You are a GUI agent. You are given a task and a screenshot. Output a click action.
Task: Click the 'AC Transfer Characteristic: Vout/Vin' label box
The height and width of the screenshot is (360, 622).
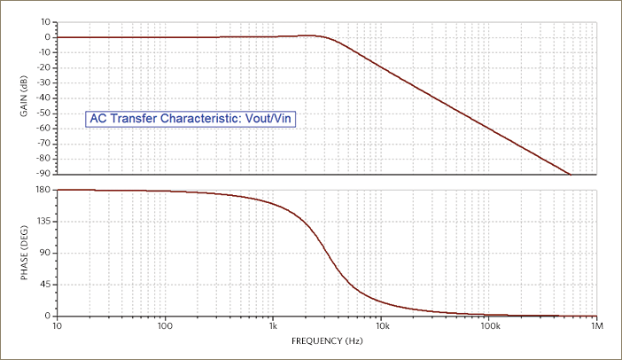(189, 118)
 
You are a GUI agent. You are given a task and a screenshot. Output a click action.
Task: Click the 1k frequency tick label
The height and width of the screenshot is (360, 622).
(273, 327)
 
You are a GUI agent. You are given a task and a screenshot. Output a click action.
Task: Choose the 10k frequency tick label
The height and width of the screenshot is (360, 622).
(381, 327)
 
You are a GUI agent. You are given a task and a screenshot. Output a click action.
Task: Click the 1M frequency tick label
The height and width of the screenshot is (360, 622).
(596, 327)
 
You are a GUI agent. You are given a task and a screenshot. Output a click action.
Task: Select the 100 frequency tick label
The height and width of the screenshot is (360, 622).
(165, 327)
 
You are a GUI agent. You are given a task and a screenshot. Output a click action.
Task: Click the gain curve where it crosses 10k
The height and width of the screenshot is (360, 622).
(381, 67)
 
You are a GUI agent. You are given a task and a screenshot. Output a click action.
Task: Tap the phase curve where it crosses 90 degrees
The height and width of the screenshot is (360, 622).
(328, 253)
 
